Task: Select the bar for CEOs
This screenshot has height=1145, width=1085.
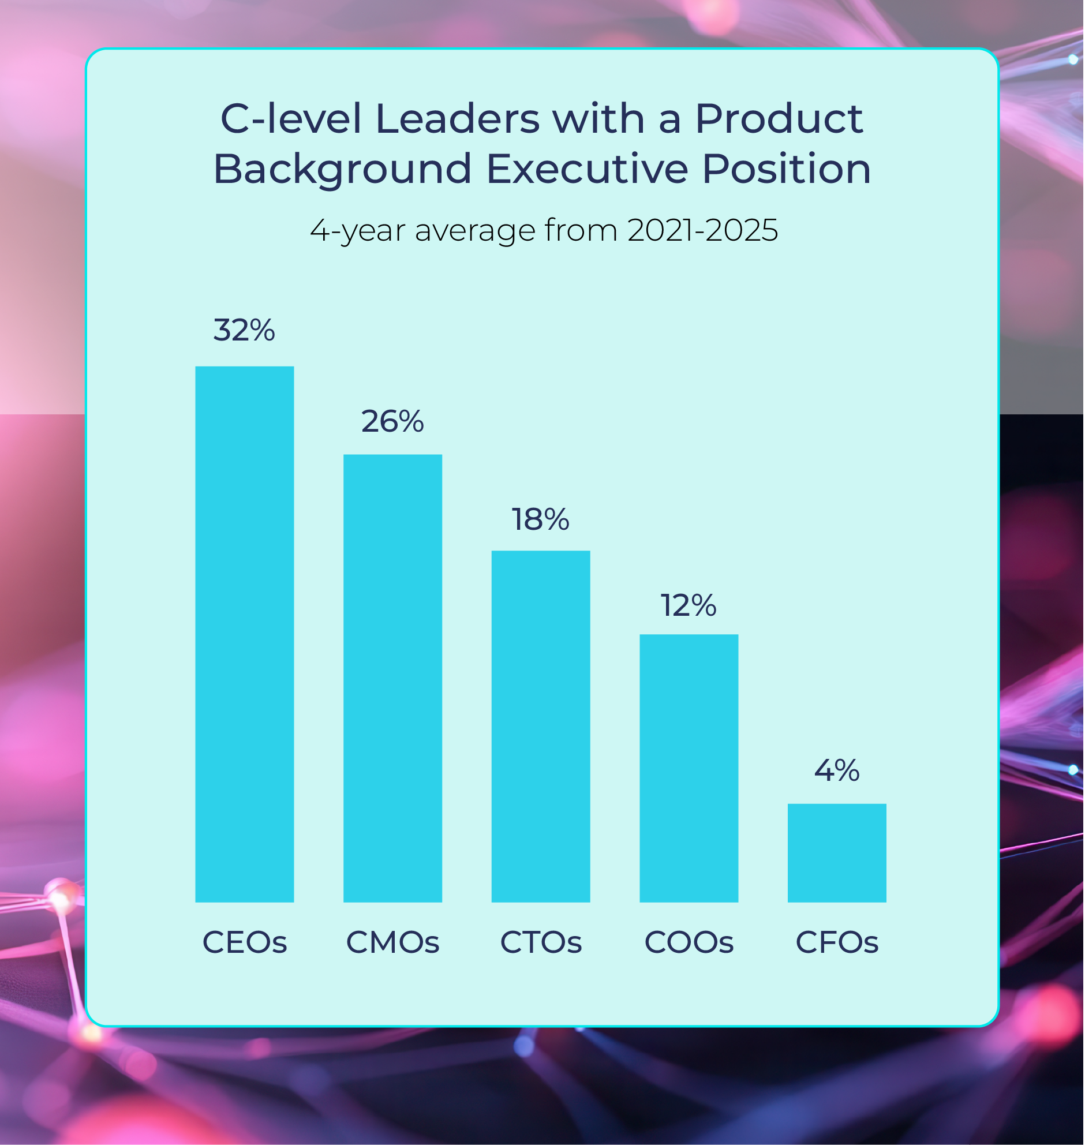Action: [x=245, y=634]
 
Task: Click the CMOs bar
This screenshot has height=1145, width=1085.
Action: [x=392, y=678]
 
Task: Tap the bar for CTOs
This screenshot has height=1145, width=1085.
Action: [x=541, y=727]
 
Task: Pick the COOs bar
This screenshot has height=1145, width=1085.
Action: [x=689, y=768]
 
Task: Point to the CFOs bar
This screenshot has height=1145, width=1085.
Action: [x=837, y=853]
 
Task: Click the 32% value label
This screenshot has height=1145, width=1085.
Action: [x=244, y=330]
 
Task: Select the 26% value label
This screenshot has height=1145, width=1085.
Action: [x=392, y=421]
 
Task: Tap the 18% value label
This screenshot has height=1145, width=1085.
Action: [x=540, y=519]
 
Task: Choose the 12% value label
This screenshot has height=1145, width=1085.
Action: [x=689, y=605]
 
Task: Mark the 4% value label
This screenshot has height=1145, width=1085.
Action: [x=837, y=770]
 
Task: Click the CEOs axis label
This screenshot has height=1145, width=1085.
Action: [x=245, y=942]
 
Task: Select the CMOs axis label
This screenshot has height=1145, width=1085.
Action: [x=392, y=942]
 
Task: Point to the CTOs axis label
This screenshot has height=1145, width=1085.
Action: [x=541, y=942]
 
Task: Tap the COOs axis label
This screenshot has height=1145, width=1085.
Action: [x=689, y=942]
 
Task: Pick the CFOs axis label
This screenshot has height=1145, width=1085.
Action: [x=837, y=942]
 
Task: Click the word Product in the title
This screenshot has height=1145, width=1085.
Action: [x=779, y=118]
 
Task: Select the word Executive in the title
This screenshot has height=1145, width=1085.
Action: [x=588, y=170]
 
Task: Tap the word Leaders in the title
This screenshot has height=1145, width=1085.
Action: [x=458, y=118]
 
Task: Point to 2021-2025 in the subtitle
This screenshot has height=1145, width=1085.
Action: [x=703, y=230]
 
